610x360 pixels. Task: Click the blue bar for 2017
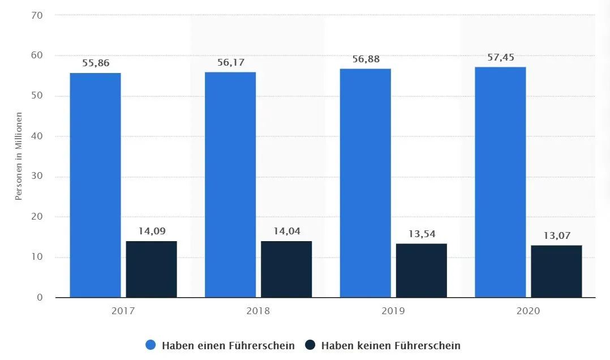click(95, 185)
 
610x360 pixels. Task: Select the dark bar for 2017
click(151, 269)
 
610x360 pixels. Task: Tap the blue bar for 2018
click(230, 185)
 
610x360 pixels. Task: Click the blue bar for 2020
click(500, 182)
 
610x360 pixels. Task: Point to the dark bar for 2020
click(556, 271)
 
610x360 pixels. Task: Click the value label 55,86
click(95, 63)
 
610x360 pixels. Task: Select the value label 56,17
click(230, 63)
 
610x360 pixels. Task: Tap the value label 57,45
click(500, 58)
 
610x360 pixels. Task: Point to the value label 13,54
click(422, 234)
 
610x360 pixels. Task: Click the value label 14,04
click(286, 232)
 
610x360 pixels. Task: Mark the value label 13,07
click(556, 235)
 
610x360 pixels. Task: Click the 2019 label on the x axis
click(393, 311)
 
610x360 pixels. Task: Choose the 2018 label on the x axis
click(259, 311)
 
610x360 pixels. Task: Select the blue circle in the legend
click(151, 345)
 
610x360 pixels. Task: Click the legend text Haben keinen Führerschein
click(390, 345)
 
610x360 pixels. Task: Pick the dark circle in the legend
click(310, 345)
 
